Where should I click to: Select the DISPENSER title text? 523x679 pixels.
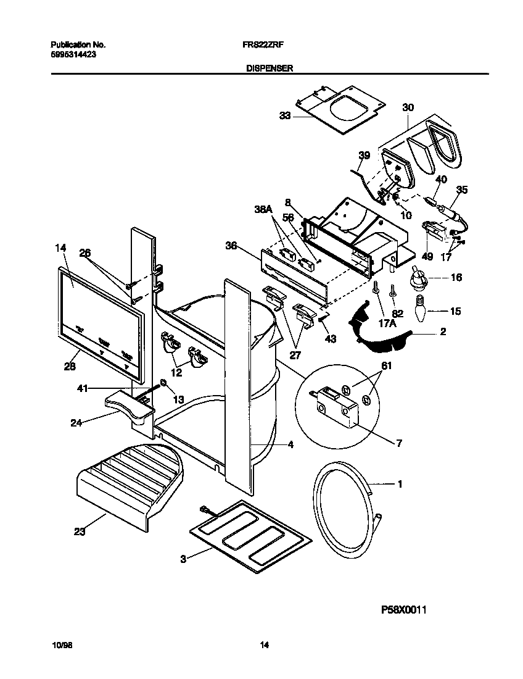[266, 69]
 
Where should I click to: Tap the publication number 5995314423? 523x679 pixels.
[72, 54]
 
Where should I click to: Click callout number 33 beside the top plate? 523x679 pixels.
[284, 115]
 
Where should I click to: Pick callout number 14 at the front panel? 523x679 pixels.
[59, 248]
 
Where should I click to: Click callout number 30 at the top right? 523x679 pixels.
[408, 107]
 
